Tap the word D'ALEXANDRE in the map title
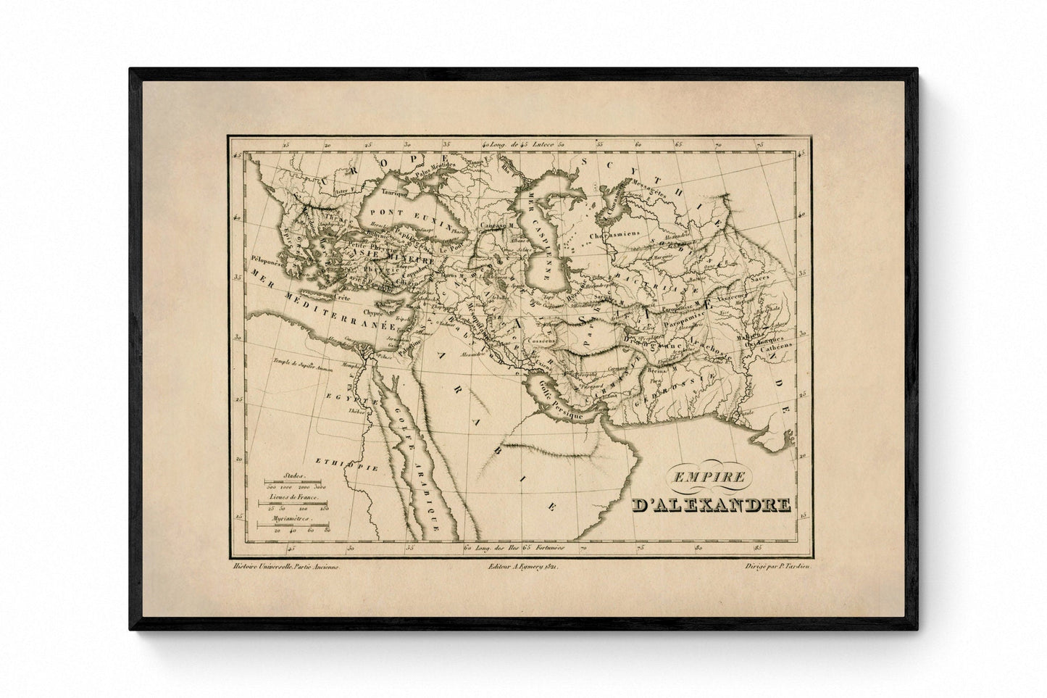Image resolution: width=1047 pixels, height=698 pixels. point(710,505)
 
